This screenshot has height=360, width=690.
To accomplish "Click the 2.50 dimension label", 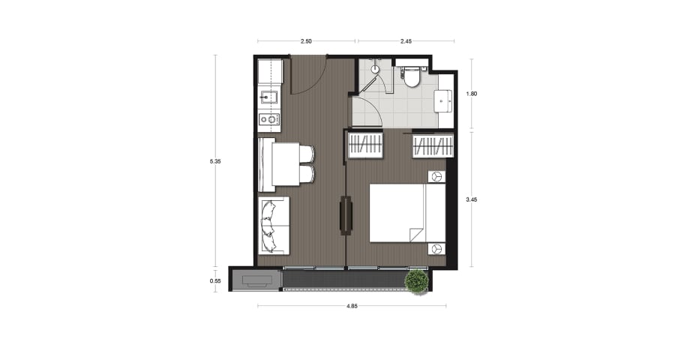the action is point(306,41).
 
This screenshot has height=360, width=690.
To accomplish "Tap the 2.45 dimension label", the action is point(406,41).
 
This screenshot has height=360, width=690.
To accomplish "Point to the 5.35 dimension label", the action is point(215,161).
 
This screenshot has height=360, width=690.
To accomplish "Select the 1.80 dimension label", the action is point(471,94).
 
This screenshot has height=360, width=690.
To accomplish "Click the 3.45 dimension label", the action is point(471,199).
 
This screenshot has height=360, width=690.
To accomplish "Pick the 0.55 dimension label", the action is point(215,280).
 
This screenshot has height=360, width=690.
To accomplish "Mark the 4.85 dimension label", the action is point(352,306).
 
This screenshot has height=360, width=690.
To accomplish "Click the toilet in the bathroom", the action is point(412,76).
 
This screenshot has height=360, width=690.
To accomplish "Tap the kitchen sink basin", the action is point(268,97).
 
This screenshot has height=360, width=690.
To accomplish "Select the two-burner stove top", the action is point(268,118).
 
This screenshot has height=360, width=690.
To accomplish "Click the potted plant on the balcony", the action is point(416,282).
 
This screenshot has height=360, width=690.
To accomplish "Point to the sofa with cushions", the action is point(274,225).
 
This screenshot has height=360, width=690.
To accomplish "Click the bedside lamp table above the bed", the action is point(436,176).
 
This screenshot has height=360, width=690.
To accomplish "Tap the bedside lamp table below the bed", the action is point(436,249).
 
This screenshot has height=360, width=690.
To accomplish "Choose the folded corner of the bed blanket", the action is point(416,235).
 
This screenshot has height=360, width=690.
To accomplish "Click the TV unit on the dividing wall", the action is point(346,216).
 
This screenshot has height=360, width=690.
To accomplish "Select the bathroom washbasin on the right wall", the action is point(443,101).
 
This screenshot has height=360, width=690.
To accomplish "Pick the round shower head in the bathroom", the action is point(374,69).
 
